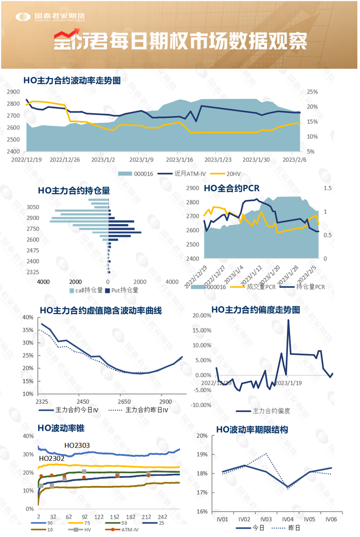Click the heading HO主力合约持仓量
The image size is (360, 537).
[x=74, y=190]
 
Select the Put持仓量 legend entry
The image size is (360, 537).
[x=124, y=290]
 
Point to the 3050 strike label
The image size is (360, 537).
[x=32, y=207]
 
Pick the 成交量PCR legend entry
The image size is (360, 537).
[x=261, y=287]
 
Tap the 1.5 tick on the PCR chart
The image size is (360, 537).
[x=328, y=189]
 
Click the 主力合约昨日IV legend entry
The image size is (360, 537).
[x=147, y=410]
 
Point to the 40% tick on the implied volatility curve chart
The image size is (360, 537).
[x=28, y=318]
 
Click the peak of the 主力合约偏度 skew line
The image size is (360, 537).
[x=289, y=320]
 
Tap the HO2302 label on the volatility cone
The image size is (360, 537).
[x=51, y=458]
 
